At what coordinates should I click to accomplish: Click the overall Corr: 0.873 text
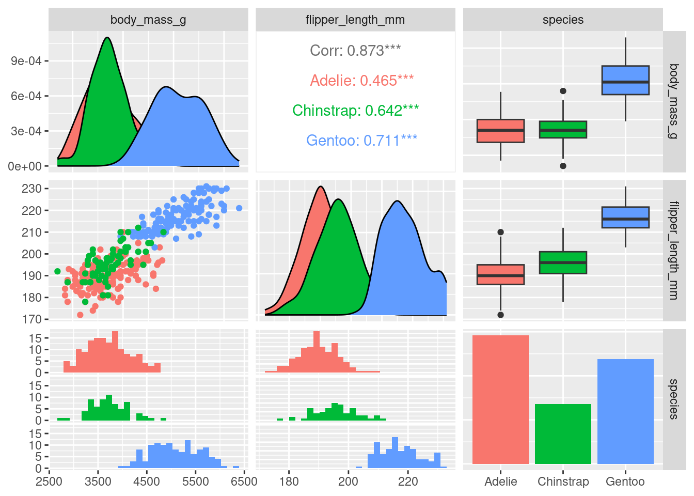tap(355, 51)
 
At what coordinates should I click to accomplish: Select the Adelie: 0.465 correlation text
tap(361, 81)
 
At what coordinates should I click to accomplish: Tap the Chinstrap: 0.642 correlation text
tap(355, 111)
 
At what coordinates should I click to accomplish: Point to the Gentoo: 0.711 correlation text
tap(361, 141)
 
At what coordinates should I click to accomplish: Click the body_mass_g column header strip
tap(148, 20)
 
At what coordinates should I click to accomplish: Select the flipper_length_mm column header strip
tap(355, 20)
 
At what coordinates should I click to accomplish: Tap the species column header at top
tap(563, 20)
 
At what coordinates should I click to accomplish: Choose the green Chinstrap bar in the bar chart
tap(563, 434)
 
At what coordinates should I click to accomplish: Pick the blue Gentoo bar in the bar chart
tap(625, 411)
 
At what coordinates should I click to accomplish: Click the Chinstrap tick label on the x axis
tap(563, 482)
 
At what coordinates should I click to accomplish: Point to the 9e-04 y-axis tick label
tap(26, 61)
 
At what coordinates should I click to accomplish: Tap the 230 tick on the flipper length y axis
tap(31, 189)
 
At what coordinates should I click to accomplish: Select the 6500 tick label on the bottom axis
tap(244, 482)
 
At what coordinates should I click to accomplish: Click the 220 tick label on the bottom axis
tap(408, 482)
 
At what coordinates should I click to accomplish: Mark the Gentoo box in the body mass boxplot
tap(625, 80)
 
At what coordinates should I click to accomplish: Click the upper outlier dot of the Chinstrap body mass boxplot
tap(563, 91)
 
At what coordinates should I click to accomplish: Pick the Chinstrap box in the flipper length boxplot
tap(563, 262)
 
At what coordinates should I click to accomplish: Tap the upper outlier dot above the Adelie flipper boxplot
tap(500, 233)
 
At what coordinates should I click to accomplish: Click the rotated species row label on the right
tap(674, 399)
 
